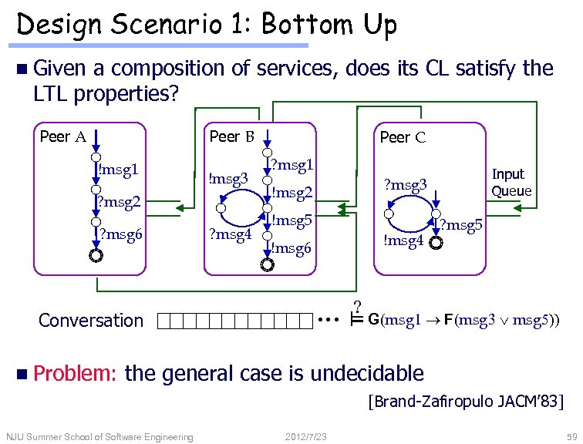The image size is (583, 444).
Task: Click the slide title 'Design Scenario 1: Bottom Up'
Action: pos(207,25)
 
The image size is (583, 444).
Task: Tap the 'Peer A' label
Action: pos(62,137)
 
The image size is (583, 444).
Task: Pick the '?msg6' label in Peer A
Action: pos(120,235)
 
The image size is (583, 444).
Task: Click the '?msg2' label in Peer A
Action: pos(120,203)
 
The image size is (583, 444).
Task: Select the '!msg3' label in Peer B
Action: pos(228,179)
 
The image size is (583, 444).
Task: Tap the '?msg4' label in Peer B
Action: pos(231,232)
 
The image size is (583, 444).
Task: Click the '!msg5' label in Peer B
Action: pos(291,220)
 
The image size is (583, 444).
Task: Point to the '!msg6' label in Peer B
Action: pos(291,248)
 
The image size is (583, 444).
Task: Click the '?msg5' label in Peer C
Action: pos(460,226)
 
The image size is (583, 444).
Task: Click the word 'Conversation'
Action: pos(90,320)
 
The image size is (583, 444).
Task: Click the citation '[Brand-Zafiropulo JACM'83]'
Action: pos(466,402)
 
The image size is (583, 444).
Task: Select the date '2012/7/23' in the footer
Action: pos(306,437)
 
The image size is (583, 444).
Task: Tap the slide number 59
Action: pos(570,437)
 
